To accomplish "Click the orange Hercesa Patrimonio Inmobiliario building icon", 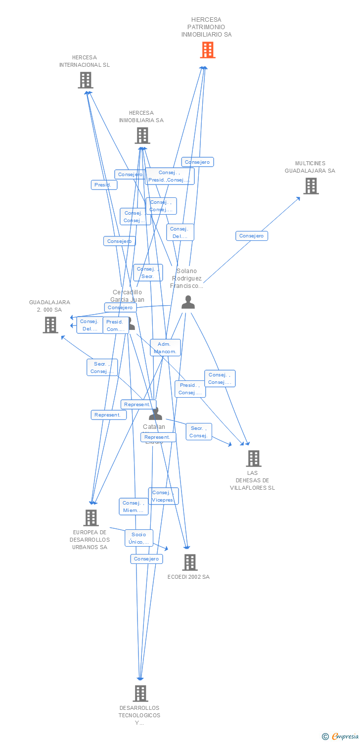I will coord(208,50).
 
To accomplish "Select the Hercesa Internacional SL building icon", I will coord(86,80).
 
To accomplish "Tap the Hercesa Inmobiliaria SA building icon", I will coord(142,136).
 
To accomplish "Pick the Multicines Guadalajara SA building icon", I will coord(311,186).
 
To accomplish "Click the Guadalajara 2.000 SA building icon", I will coord(50,325).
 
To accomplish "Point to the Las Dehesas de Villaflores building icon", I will coord(254,459).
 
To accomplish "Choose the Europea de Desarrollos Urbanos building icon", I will coord(91,518).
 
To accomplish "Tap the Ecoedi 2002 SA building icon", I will coord(190,562).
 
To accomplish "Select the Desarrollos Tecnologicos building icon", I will coord(140,694).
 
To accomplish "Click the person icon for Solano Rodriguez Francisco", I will coord(188,302).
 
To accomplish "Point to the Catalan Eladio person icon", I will coord(156,414).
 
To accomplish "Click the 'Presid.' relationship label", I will coord(104,185).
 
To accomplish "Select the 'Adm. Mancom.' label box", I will coord(165,348).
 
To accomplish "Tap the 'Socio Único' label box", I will coord(139,538).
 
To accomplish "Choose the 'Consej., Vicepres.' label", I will coord(163,496).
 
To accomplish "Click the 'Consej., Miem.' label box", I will coord(134,507).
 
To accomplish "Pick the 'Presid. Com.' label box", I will coord(115,325).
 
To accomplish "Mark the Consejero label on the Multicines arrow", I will coord(252,236).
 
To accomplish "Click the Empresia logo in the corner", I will coord(340,737).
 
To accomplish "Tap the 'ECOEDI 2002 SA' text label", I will coord(188,577).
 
